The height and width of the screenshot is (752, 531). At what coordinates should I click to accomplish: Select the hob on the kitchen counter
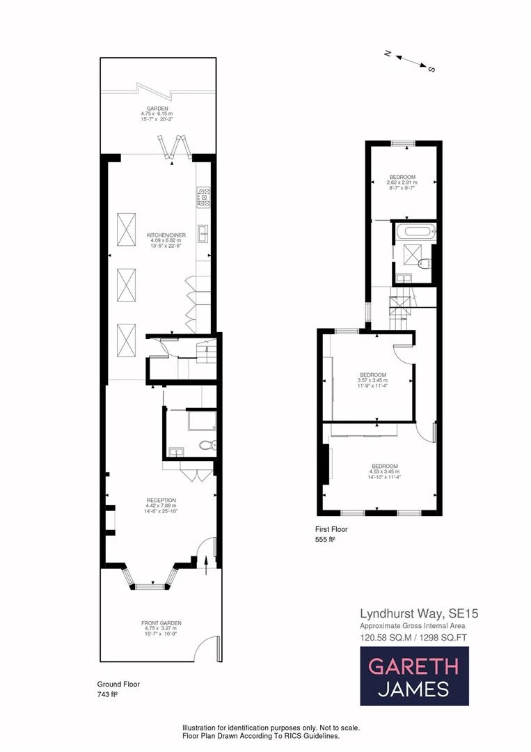(204, 197)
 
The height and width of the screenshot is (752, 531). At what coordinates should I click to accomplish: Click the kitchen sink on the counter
(204, 233)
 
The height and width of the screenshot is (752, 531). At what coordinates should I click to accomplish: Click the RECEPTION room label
(161, 500)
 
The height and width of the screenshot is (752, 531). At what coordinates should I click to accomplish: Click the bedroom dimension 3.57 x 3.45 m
(372, 380)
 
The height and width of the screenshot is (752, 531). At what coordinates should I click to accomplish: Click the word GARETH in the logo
(413, 666)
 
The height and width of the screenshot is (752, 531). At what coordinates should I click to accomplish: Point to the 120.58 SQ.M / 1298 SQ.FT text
(413, 637)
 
